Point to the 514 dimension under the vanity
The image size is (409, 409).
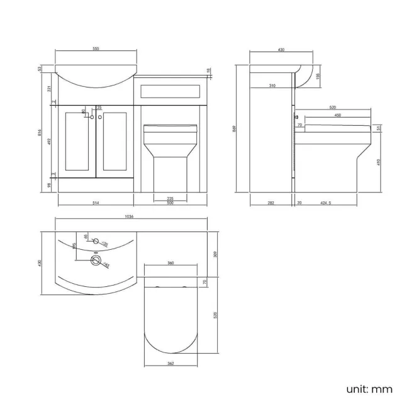(x=96, y=203)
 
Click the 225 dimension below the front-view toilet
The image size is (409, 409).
(x=170, y=199)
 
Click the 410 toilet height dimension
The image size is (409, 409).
(x=379, y=161)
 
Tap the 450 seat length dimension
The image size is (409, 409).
(x=337, y=116)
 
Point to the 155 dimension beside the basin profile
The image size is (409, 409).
(x=318, y=76)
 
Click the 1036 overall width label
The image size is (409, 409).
(x=130, y=216)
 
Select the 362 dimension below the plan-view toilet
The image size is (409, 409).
(x=171, y=364)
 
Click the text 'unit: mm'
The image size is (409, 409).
(x=369, y=389)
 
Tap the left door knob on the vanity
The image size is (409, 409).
(x=92, y=118)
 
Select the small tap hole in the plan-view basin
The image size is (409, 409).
(x=96, y=241)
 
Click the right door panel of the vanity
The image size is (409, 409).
(x=115, y=142)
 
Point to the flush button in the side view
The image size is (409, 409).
(x=295, y=117)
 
